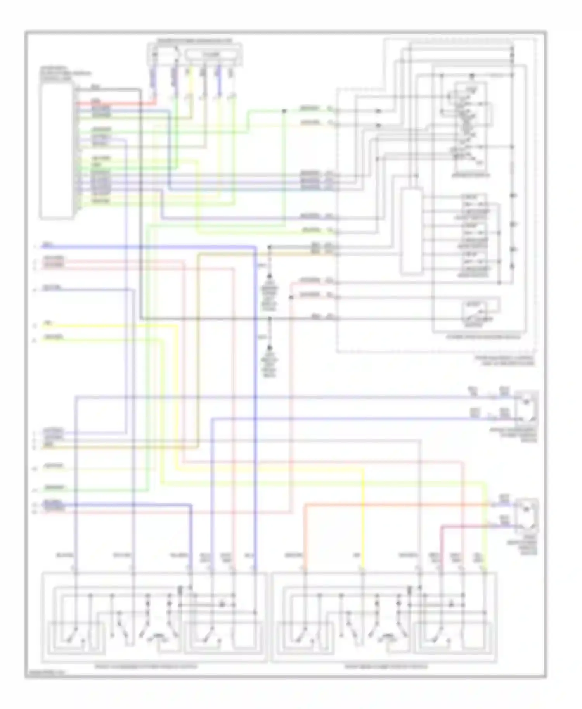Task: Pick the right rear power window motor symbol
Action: [x=527, y=516]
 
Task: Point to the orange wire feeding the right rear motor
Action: [x=388, y=505]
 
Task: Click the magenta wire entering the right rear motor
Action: [x=466, y=526]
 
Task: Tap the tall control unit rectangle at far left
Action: [x=56, y=151]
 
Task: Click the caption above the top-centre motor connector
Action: [x=194, y=40]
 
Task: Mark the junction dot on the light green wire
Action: [x=284, y=111]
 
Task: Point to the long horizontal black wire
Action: [x=233, y=318]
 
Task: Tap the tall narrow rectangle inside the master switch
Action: [x=411, y=231]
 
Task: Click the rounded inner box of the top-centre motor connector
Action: [x=210, y=55]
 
